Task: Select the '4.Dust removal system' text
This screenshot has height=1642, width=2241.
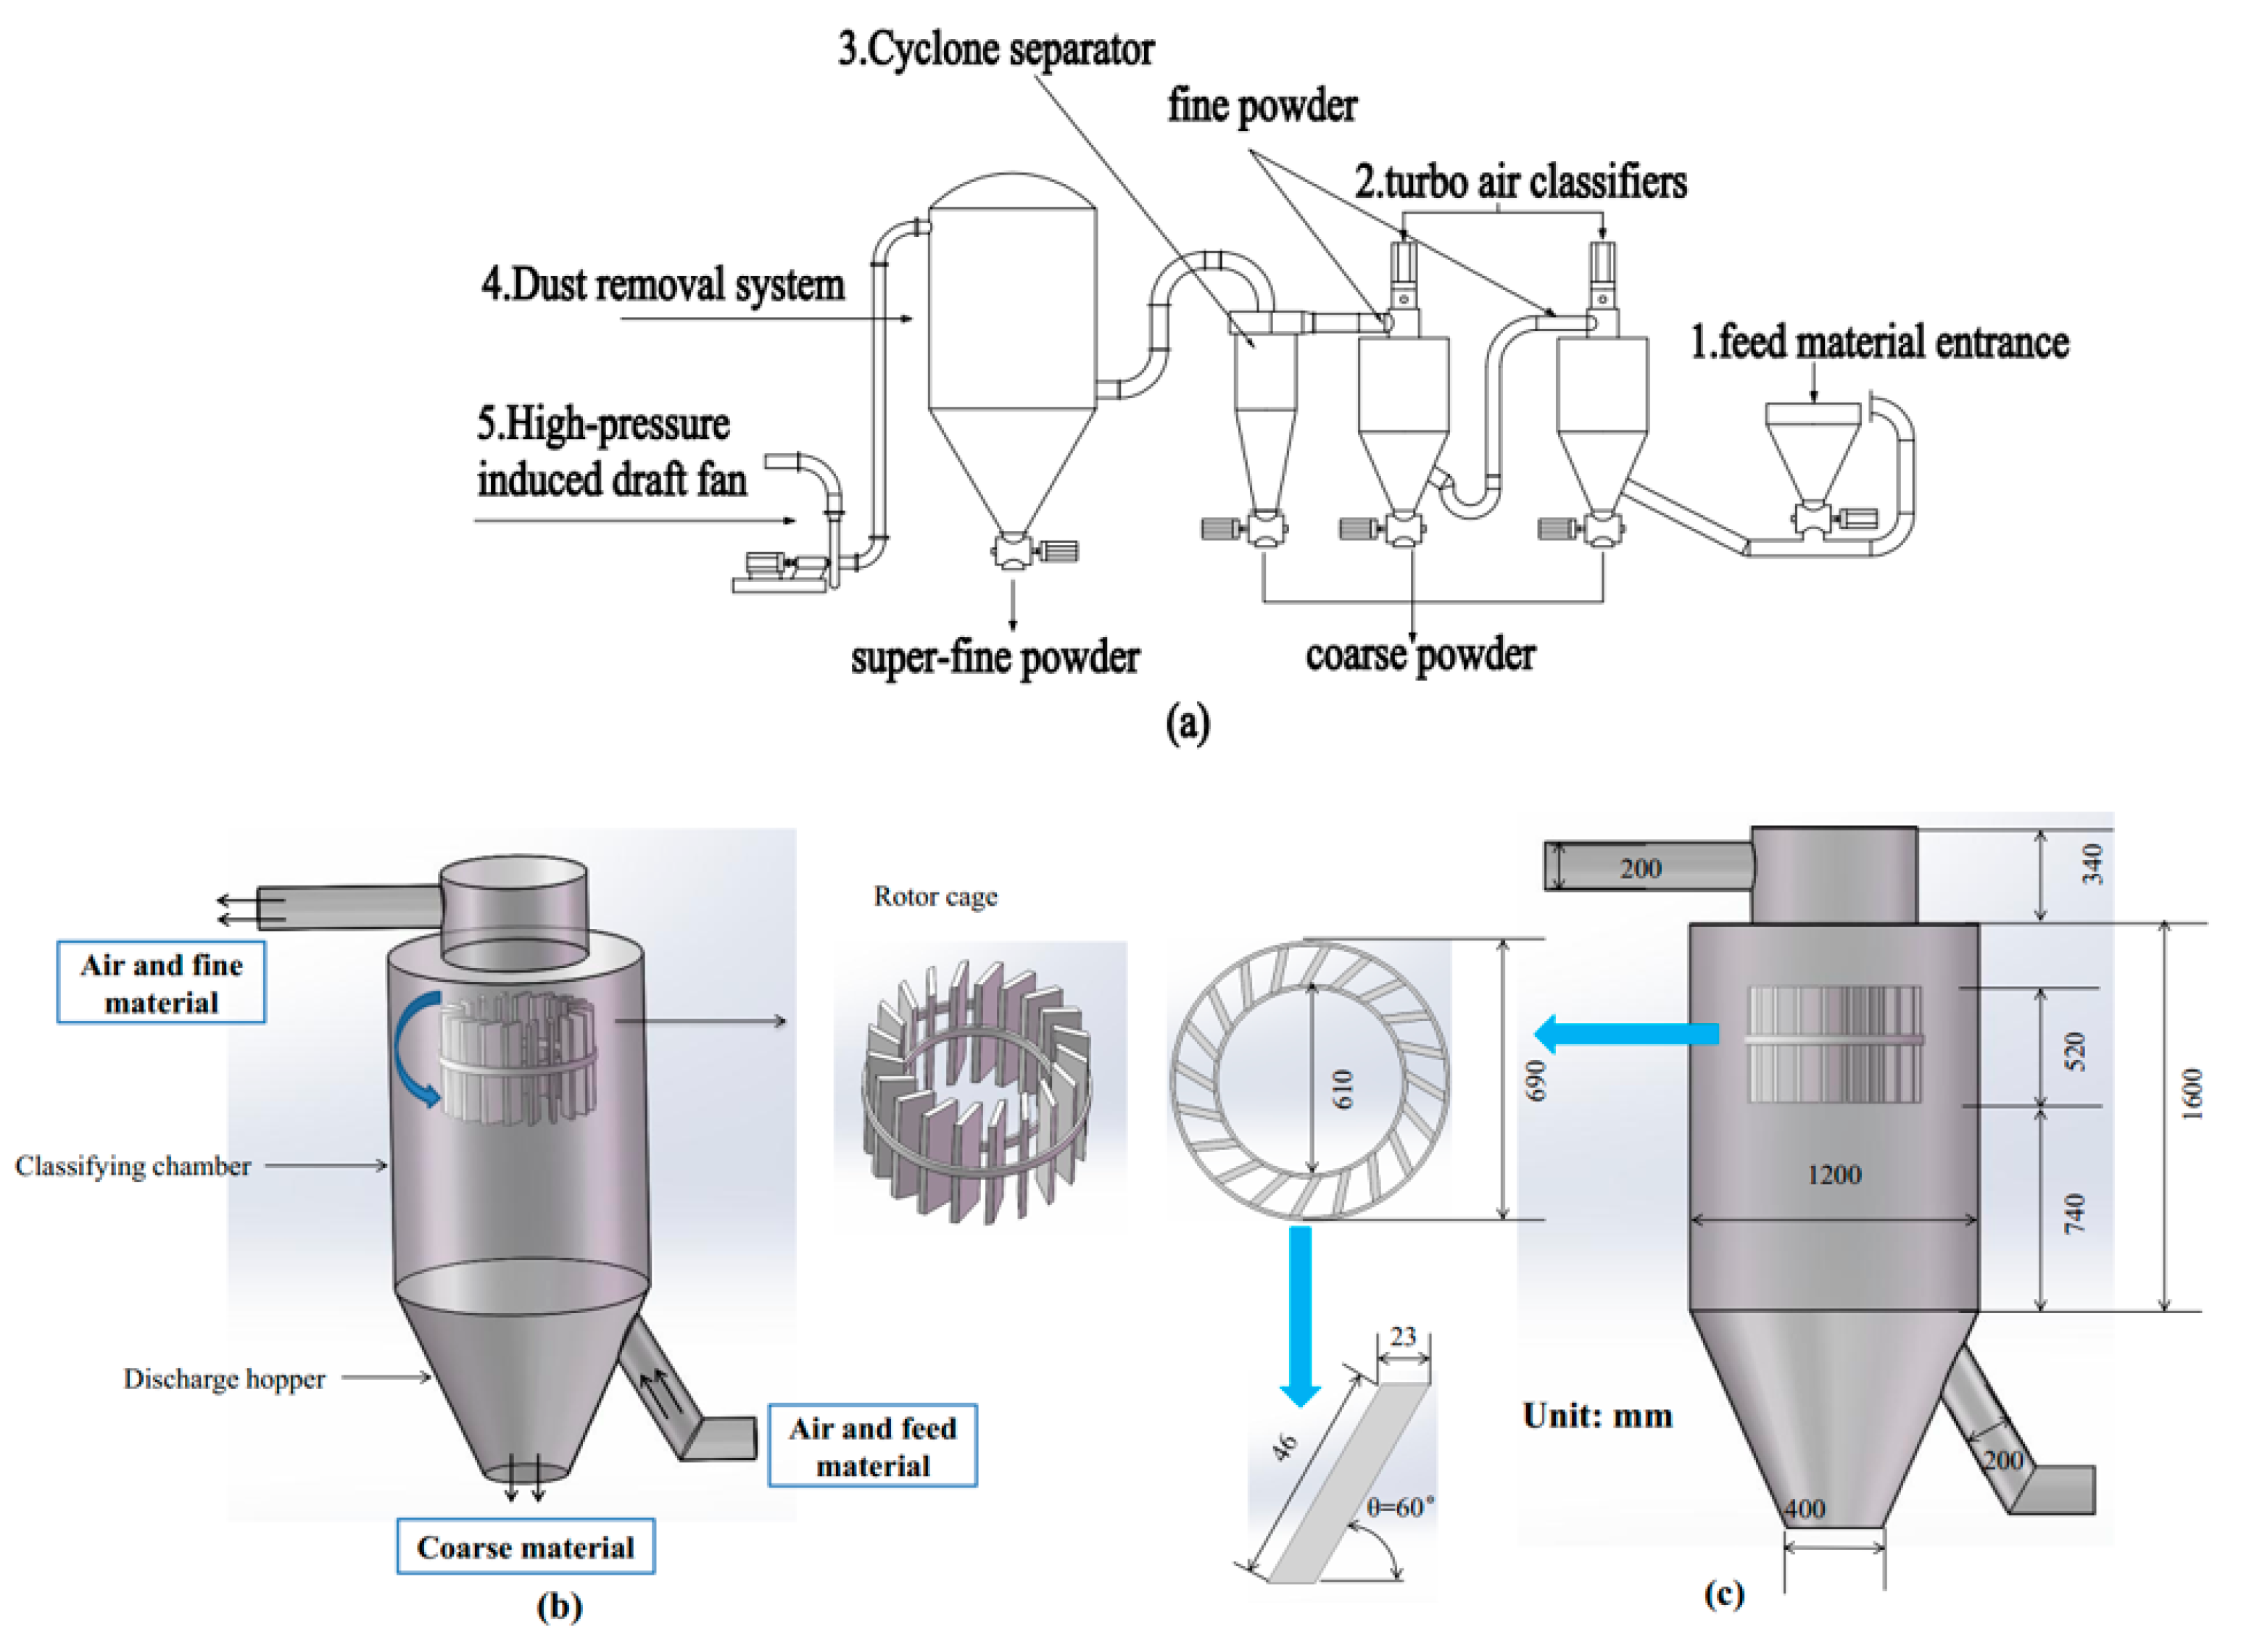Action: [663, 286]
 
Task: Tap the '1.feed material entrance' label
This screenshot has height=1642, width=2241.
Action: [1879, 343]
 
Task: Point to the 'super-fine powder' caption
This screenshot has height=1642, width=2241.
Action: [994, 658]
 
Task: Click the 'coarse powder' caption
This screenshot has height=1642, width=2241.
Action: [1420, 655]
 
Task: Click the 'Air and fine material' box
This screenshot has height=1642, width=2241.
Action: [161, 983]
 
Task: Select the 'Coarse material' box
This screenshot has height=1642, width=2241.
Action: [525, 1548]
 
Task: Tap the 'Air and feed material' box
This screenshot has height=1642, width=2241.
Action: [872, 1446]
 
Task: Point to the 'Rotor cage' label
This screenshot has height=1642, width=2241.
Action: [935, 896]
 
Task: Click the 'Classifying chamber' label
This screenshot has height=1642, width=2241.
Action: [133, 1166]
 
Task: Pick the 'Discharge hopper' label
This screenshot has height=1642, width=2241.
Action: [224, 1379]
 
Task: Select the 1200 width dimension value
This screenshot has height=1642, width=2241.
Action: [1834, 1175]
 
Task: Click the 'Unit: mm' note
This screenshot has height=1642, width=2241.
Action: [1596, 1415]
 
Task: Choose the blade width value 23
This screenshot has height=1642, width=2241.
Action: [1403, 1337]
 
